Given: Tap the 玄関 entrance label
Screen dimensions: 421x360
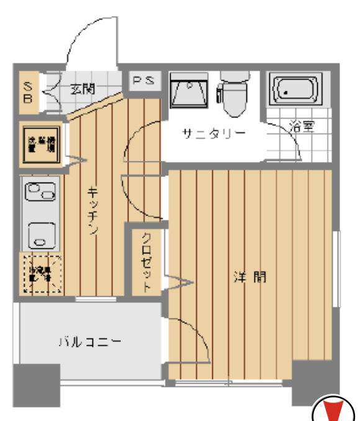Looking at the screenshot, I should click(x=82, y=89).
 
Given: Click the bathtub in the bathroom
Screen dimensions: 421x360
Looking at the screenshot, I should click(x=294, y=90).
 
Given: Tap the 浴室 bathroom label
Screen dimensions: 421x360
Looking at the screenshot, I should click(x=303, y=126).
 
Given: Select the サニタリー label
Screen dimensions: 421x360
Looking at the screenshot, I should click(x=214, y=134).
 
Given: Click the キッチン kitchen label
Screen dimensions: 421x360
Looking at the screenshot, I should click(x=92, y=211).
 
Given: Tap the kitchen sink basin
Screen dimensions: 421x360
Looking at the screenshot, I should click(x=42, y=233).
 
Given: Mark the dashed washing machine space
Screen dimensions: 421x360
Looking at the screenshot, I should click(x=42, y=273).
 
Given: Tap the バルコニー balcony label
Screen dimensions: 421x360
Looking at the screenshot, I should click(x=89, y=341).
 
